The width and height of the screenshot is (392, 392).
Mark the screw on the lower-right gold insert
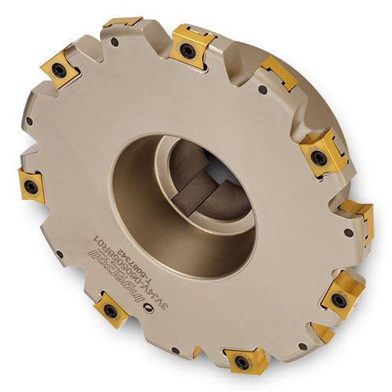(x=338, y=299)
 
